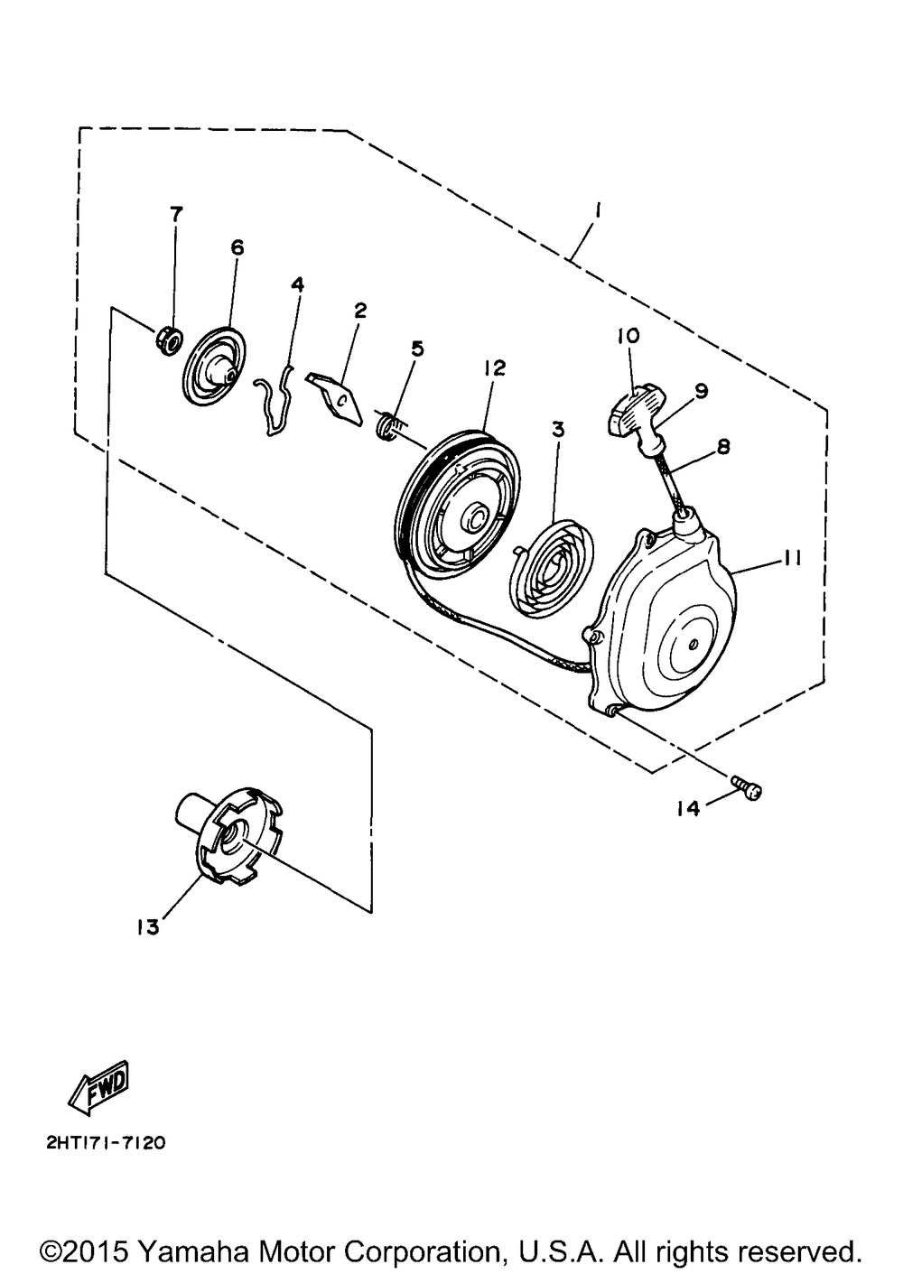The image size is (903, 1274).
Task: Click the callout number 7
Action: [x=176, y=214]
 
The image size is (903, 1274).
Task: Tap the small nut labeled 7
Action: [x=168, y=342]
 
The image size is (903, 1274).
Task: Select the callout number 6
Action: [x=237, y=247]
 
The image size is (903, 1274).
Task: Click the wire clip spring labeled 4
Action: [x=275, y=402]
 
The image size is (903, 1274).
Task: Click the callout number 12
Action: [x=494, y=368]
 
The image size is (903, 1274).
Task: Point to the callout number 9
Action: [x=700, y=392]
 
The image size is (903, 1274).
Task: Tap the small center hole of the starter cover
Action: [x=693, y=645]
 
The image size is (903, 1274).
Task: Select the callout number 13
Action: [x=147, y=928]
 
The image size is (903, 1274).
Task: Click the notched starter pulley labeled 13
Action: [x=228, y=835]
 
